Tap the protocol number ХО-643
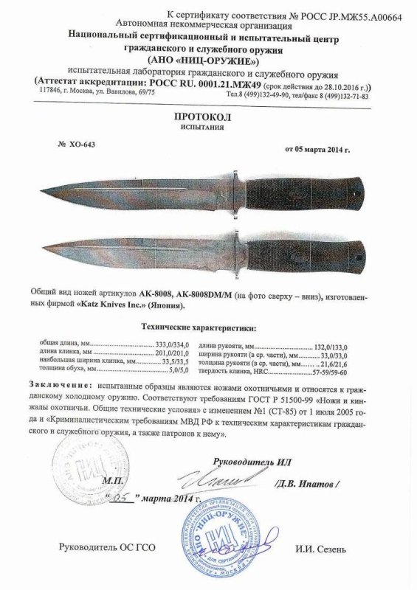[x=78, y=145]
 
